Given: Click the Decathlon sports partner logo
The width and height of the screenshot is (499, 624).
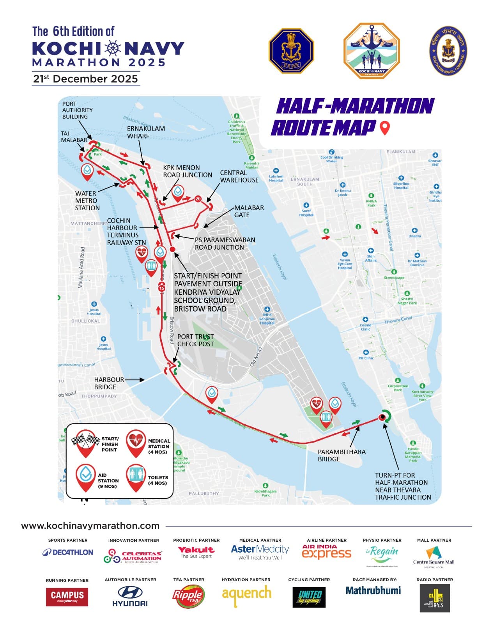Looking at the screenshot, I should point(68,552).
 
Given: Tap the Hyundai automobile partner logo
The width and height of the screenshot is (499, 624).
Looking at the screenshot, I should point(130,597).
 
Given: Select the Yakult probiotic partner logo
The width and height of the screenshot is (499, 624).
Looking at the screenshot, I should point(196,551).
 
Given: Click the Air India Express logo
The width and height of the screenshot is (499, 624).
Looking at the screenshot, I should point(327,552).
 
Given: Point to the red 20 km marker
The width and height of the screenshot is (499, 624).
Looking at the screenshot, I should point(198,199).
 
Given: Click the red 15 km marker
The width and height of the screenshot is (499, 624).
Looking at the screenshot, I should point(161,288).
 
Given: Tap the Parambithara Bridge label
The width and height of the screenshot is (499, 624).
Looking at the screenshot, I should point(342,455).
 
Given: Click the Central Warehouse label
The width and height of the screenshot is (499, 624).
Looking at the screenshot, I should point(239,176).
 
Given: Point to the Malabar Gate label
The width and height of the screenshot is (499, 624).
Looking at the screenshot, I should point(249,211).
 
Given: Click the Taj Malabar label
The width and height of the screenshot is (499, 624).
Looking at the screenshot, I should point(74,136).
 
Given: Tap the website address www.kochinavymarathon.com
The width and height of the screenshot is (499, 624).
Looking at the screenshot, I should point(90,526).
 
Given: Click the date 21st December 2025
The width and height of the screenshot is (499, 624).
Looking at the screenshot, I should point(85,79).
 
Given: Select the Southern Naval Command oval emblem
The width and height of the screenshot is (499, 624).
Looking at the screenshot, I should point(448,50).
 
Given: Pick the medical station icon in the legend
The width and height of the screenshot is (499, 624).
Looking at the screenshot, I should point(136,442).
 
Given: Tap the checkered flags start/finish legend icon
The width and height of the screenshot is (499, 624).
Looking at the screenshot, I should point(85,442).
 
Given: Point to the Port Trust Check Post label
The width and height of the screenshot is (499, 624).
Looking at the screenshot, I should point(195,340).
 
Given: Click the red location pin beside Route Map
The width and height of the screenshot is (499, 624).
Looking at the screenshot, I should point(385,128).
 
